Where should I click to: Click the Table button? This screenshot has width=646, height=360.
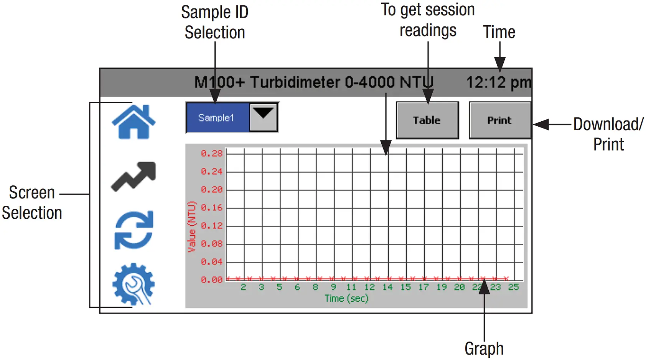pos(427,120)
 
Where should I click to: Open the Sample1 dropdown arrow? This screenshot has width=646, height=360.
pos(264,117)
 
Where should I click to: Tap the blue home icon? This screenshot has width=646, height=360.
pos(133,122)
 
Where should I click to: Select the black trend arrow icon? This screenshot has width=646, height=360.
pos(133,176)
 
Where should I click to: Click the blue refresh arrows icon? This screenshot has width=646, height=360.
pos(134,230)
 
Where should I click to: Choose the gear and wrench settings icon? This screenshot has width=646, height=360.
pos(133,284)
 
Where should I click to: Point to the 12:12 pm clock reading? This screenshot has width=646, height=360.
pos(498,82)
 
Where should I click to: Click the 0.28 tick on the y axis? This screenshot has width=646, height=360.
pos(212,154)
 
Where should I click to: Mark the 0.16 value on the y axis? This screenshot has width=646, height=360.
pos(212,208)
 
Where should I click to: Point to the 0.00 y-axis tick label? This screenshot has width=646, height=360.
pos(212,280)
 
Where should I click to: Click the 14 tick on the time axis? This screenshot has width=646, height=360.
pos(387,287)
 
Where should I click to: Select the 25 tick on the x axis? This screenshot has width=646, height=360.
pos(513,287)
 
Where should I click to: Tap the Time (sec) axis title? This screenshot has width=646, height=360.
pos(346,298)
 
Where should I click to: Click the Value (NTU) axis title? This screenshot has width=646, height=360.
pos(191,227)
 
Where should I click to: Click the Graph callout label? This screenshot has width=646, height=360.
pos(484,348)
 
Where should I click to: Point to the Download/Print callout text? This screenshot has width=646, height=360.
pos(608,134)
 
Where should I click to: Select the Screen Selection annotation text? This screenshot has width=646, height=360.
pos(32,203)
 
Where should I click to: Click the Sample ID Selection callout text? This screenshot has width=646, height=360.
pos(215,22)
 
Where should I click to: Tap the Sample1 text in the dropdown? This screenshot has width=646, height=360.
pos(216,117)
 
